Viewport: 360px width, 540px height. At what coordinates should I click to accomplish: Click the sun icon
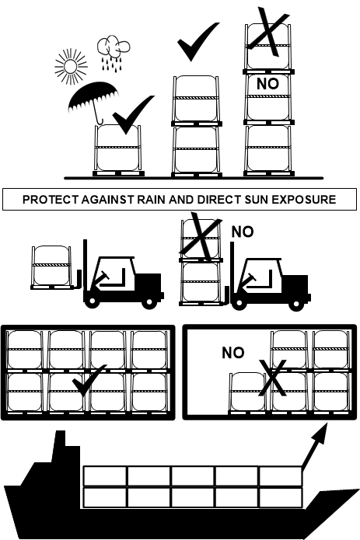tap(71, 67)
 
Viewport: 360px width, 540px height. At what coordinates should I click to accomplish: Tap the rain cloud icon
tap(114, 52)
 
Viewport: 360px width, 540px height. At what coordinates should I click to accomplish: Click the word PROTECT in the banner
tap(51, 200)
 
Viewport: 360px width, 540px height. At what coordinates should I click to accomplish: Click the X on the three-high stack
tap(268, 32)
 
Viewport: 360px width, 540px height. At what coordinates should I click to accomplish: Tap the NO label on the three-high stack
tap(267, 84)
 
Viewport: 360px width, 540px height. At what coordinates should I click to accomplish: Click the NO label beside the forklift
tap(243, 232)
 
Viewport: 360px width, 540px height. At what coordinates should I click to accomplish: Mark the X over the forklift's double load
tap(201, 236)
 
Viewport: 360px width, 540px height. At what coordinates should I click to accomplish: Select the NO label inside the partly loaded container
tap(233, 353)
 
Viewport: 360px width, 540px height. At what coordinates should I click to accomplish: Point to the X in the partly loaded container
tap(272, 378)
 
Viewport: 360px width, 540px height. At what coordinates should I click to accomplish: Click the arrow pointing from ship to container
tap(315, 445)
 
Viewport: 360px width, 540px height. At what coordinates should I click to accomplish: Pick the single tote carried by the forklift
tap(51, 265)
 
